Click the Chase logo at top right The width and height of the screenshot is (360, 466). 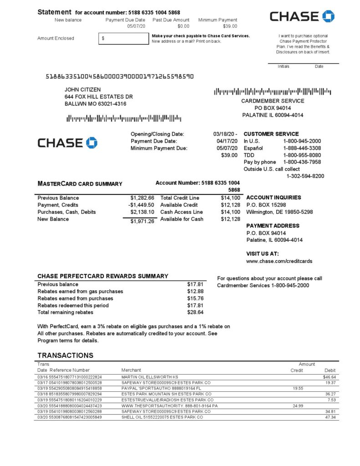pyautogui.click(x=302, y=16)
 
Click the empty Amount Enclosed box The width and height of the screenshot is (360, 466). pyautogui.click(x=123, y=39)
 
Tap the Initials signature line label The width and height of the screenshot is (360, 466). pyautogui.click(x=284, y=66)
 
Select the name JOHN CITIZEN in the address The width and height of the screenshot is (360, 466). pyautogui.click(x=83, y=90)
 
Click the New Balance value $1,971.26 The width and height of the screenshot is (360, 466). pyautogui.click(x=142, y=221)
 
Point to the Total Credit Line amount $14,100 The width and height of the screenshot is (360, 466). pyautogui.click(x=230, y=198)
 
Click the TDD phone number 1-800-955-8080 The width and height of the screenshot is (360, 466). pyautogui.click(x=302, y=155)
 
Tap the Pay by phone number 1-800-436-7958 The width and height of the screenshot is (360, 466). pyautogui.click(x=302, y=162)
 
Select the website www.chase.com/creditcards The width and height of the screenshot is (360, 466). pyautogui.click(x=279, y=261)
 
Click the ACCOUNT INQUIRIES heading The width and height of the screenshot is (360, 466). pyautogui.click(x=274, y=198)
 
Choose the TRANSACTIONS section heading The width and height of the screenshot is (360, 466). pyautogui.click(x=65, y=355)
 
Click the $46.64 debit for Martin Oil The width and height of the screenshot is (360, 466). pyautogui.click(x=329, y=377)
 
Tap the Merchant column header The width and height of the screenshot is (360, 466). pyautogui.click(x=131, y=370)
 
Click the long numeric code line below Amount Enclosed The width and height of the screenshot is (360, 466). pyautogui.click(x=120, y=76)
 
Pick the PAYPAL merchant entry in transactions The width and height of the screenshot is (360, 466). pyautogui.click(x=155, y=389)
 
